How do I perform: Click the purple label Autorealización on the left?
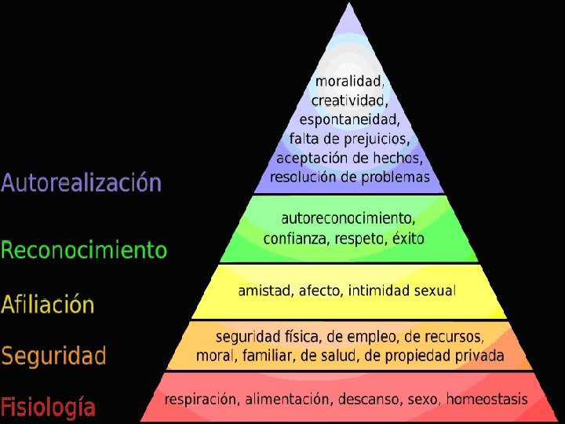pos(81,184)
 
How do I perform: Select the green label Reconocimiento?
pos(84,250)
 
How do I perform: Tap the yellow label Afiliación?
pos(48,305)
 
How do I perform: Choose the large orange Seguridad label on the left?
pos(53,356)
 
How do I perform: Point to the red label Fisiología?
pos(49,408)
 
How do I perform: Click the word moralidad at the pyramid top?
pos(348,81)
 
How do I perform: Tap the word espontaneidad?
pos(349,120)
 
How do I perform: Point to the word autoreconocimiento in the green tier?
pos(348,218)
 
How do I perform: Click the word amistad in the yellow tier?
pos(264,291)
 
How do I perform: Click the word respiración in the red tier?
pos(200,400)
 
